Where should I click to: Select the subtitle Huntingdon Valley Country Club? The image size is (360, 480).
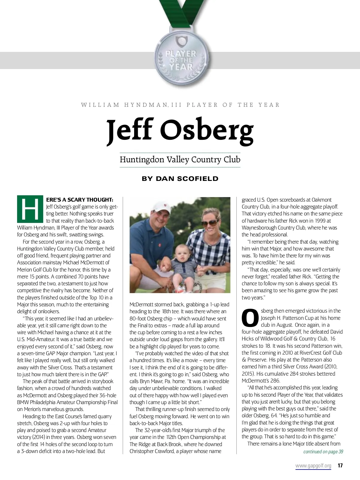[180, 159]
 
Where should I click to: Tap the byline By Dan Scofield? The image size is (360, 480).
[180, 179]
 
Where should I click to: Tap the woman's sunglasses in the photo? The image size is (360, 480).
[209, 223]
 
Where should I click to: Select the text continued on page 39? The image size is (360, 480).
[323, 451]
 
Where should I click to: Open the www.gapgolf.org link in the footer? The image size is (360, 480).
[313, 466]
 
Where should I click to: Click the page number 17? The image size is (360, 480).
[340, 466]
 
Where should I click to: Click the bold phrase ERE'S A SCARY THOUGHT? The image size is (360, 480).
[80, 200]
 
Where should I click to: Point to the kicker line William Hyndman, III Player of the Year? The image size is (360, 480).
[180, 105]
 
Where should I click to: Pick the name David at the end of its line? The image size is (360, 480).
[336, 332]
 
